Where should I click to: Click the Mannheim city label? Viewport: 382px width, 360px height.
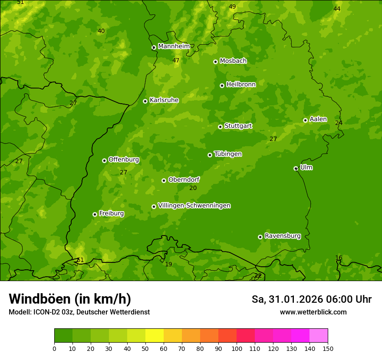174,46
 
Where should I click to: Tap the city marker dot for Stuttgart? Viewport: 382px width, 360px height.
220,127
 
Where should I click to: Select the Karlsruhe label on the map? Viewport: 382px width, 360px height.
164,100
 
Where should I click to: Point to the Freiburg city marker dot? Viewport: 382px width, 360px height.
95,214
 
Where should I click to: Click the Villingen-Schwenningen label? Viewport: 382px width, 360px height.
194,206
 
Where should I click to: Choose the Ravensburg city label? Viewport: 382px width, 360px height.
282,236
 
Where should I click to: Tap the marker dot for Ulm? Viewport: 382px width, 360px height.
296,168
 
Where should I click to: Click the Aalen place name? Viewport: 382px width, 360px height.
318,119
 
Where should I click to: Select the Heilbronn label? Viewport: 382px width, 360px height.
240,85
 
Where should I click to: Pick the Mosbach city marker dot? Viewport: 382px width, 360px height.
215,62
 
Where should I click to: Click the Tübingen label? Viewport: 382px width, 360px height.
227,154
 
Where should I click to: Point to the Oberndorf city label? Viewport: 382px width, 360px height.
184,180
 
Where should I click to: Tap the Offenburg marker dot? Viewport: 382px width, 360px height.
104,160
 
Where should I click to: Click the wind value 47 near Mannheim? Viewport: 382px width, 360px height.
176,61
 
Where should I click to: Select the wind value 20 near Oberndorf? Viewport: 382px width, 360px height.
193,188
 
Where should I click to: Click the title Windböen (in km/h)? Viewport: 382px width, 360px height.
69,299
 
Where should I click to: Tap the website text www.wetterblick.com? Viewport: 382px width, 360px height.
313,312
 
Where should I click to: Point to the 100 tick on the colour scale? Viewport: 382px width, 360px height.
237,348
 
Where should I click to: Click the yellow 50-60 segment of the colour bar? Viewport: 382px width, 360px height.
155,335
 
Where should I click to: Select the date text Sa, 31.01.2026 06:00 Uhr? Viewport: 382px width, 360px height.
311,299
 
